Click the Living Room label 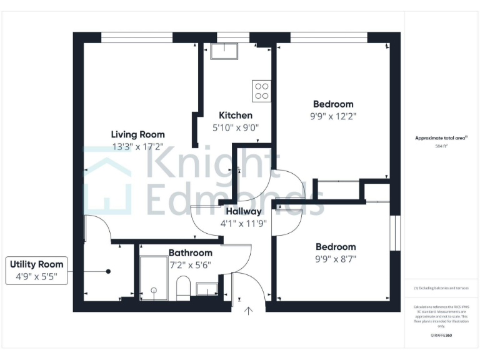pyautogui.click(x=137, y=134)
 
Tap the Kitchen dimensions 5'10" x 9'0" pyautogui.click(x=235, y=127)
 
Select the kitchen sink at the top pyautogui.click(x=224, y=51)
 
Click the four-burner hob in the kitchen pyautogui.click(x=261, y=91)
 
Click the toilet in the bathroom pyautogui.click(x=183, y=289)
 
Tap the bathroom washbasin pyautogui.click(x=206, y=289)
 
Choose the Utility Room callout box pyautogui.click(x=36, y=271)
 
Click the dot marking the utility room pyautogui.click(x=108, y=271)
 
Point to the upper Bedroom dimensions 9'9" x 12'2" pyautogui.click(x=332, y=116)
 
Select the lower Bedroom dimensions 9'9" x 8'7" pyautogui.click(x=336, y=259)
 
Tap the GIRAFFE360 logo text pyautogui.click(x=441, y=336)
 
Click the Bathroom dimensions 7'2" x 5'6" pyautogui.click(x=190, y=264)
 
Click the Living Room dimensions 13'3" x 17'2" pyautogui.click(x=137, y=147)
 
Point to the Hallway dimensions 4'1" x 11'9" pyautogui.click(x=243, y=223)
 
